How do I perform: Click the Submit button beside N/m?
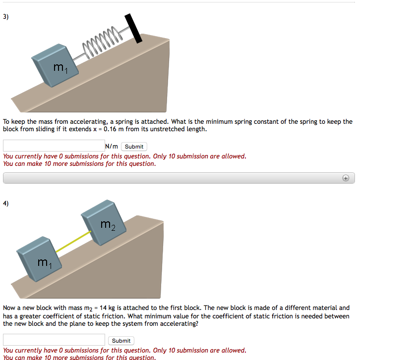134,147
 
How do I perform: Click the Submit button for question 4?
121,341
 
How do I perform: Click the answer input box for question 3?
54,146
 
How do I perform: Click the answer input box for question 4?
54,340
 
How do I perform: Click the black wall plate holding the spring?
133,28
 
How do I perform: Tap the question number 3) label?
5,16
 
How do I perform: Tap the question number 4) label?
5,203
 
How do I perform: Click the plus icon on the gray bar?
346,178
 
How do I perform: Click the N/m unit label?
112,147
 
